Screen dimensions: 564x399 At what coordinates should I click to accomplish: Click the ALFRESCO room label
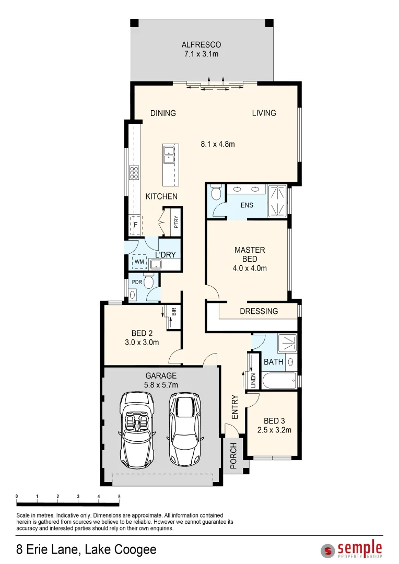click(202, 45)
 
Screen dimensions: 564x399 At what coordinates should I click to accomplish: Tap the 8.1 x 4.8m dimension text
click(218, 144)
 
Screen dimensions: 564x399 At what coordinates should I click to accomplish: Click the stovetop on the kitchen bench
click(134, 172)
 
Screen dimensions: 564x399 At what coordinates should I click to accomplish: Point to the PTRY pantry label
click(176, 222)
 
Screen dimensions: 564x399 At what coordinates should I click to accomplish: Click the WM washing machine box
click(139, 261)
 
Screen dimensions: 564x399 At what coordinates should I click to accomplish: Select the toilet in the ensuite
click(216, 193)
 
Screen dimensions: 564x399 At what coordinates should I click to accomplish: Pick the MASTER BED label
click(250, 254)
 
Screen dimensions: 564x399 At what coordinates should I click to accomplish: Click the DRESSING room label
click(259, 311)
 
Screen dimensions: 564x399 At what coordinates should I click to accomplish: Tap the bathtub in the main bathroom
click(277, 381)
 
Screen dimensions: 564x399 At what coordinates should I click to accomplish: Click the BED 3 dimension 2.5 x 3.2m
click(274, 431)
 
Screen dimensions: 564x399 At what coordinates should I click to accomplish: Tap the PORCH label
click(233, 455)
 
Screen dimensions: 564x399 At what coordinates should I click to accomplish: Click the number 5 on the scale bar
click(120, 496)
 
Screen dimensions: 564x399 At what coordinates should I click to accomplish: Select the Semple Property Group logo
click(352, 550)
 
